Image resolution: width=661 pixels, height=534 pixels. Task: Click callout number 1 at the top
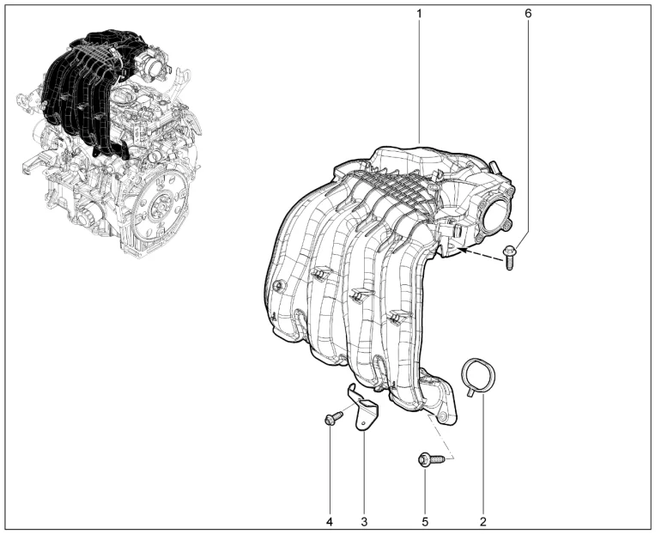(419, 13)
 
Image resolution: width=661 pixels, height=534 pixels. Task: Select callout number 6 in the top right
(528, 13)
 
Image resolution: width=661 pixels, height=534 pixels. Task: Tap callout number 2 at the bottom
(483, 522)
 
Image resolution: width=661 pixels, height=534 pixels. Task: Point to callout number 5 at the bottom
(425, 522)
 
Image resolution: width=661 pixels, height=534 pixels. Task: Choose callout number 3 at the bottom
(364, 522)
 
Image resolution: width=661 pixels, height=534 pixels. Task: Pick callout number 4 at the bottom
(330, 522)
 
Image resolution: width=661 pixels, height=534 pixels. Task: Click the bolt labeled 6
(509, 258)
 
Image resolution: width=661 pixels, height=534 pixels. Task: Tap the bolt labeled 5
(431, 459)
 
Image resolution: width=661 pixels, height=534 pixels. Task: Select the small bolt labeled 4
(333, 418)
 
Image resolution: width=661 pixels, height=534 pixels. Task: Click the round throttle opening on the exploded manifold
(496, 216)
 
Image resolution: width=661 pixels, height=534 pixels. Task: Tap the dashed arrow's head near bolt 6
(461, 250)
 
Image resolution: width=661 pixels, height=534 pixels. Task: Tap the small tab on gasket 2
(469, 394)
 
